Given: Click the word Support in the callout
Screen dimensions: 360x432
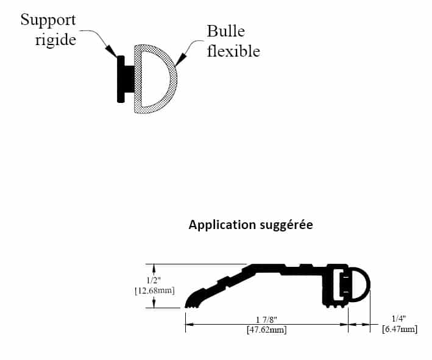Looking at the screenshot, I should [48, 20].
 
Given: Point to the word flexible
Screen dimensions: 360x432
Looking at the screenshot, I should [233, 51].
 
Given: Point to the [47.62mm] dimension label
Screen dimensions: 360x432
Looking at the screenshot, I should [267, 330].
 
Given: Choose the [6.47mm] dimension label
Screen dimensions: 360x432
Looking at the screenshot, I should [399, 330].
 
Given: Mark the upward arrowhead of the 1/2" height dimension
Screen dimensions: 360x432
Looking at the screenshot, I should [155, 268].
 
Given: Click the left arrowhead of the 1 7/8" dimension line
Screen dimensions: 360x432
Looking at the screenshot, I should [189, 325].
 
